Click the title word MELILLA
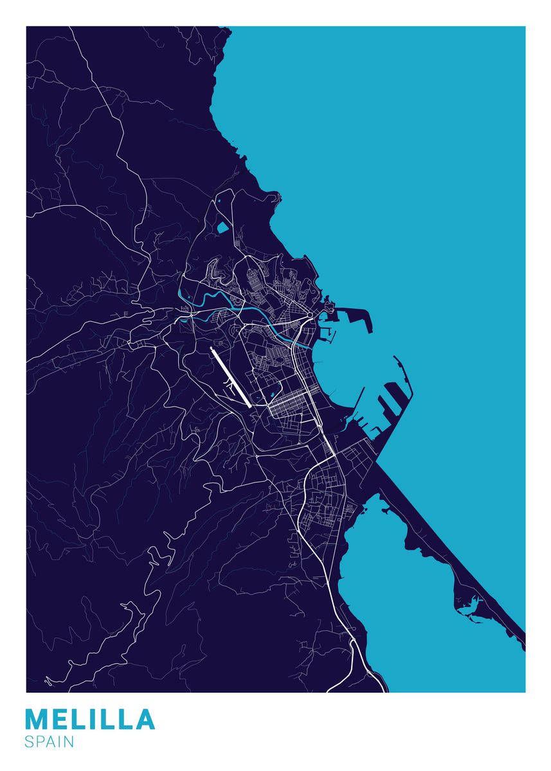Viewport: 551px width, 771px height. [90, 720]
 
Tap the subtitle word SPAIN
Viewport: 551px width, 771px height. [50, 741]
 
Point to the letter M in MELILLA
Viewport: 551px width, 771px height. [38, 720]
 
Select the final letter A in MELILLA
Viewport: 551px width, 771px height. [143, 720]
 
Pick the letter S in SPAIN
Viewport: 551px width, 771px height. [30, 741]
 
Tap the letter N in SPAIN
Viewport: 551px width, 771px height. [69, 741]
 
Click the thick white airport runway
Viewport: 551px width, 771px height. [230, 378]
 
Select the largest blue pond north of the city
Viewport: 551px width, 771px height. [223, 227]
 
